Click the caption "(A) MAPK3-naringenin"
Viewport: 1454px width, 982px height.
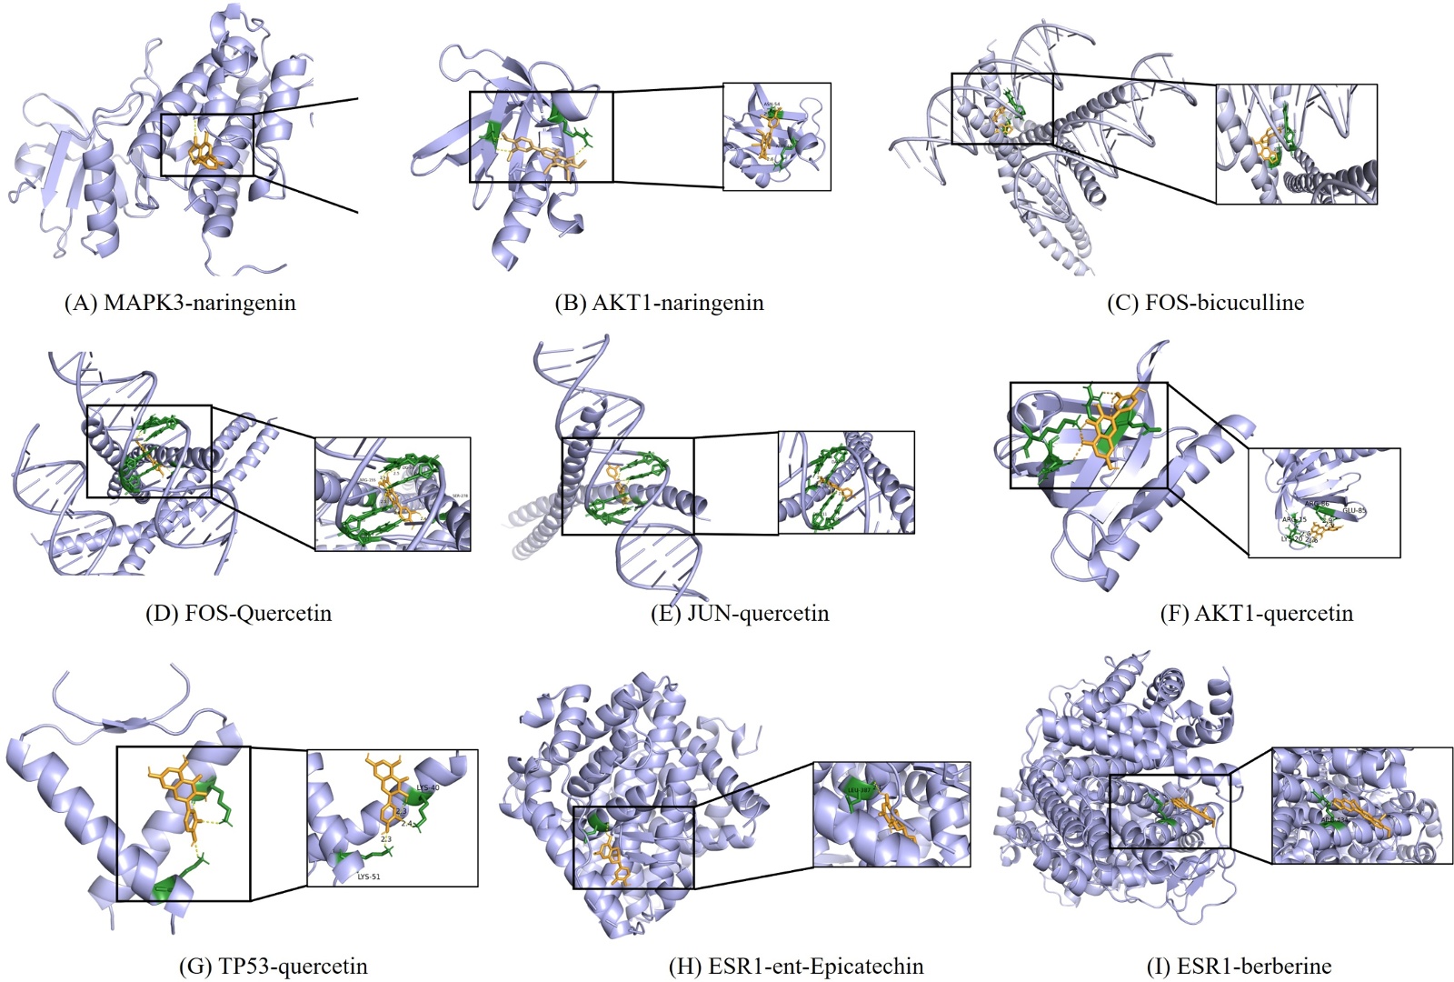[180, 303]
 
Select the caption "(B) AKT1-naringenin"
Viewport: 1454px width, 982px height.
[659, 303]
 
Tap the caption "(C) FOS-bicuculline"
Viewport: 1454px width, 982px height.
[1205, 303]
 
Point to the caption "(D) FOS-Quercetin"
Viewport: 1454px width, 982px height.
[238, 613]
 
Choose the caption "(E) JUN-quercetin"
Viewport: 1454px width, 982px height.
[740, 613]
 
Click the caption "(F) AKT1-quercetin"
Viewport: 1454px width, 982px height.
[1257, 613]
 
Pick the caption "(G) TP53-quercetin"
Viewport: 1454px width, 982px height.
[274, 966]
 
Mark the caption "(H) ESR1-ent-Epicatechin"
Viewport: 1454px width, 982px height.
[796, 966]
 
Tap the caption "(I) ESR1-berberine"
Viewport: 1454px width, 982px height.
[1240, 966]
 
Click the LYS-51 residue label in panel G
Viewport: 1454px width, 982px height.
[368, 877]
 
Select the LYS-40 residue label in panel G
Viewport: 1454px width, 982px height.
[427, 787]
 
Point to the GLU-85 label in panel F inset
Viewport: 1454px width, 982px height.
[1354, 510]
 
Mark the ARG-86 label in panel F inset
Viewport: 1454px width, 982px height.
[1317, 503]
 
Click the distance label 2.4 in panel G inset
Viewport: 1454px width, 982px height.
[406, 824]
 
